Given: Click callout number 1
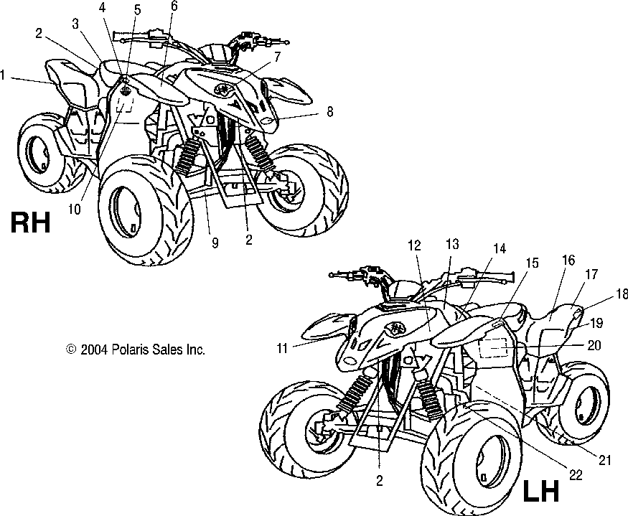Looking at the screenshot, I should coord(5,74).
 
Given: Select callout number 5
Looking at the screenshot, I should coord(137,10).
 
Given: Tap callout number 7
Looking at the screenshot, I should coord(276,56).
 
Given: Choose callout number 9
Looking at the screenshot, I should coord(215,243).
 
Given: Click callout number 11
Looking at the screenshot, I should coord(281,348).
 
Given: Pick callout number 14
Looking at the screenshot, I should coord(498,248).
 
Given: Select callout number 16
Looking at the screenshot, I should coord(568,261).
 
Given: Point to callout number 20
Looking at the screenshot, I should coord(594,345).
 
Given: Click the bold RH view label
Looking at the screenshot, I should coord(29,223).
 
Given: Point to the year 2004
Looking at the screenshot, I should coord(94,350).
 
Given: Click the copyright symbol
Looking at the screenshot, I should coord(70,350).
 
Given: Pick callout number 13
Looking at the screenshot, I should coord(452,243).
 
